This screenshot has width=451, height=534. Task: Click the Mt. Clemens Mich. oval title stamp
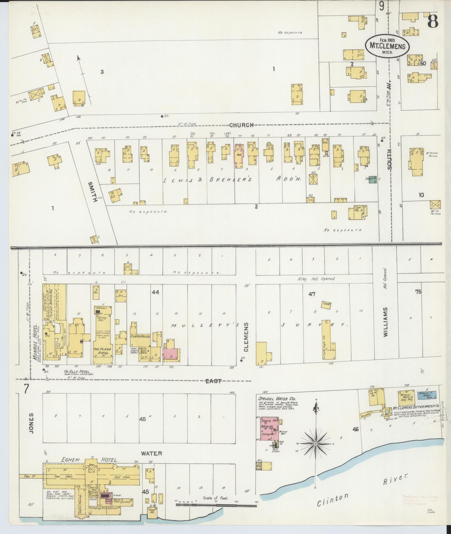click(x=387, y=46)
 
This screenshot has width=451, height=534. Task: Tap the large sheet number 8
click(x=432, y=21)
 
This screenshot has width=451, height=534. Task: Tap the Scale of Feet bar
click(x=216, y=505)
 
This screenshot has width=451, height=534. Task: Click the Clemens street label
click(x=246, y=337)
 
